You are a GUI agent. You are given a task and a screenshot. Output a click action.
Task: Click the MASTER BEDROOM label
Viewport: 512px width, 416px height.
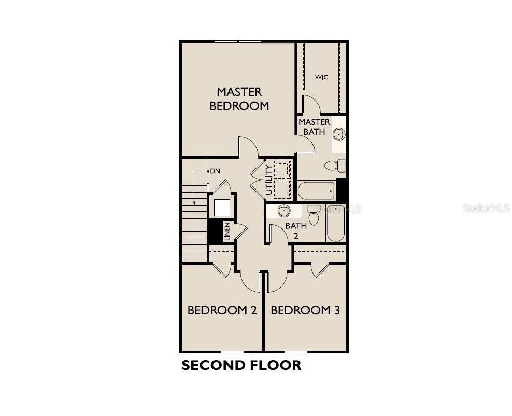coord(239,98)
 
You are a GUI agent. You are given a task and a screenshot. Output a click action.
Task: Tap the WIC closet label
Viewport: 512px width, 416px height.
coord(321,77)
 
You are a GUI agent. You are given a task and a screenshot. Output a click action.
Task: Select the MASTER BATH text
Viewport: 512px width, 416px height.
coord(314,127)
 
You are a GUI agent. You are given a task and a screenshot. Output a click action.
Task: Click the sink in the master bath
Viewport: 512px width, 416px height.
coord(338,134)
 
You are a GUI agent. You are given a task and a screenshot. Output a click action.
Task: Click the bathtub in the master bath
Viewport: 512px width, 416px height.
coord(316,191)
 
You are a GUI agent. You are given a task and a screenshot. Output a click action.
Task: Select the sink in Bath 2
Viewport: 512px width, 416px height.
coord(283,211)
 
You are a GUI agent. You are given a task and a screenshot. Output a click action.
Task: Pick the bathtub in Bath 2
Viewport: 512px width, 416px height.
coord(335,223)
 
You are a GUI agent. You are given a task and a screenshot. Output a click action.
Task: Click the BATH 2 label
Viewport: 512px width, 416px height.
coord(296,231)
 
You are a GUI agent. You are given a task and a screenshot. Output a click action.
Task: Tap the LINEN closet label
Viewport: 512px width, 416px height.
coord(226,231)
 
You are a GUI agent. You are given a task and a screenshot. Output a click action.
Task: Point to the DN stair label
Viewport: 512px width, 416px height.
coord(215,171)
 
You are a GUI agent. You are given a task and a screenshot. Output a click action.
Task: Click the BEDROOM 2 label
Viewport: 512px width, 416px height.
coord(222,310)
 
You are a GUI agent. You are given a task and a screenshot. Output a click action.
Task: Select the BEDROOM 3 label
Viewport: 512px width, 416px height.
coord(305,310)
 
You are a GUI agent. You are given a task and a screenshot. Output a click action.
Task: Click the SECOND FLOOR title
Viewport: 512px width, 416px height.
coord(241,365)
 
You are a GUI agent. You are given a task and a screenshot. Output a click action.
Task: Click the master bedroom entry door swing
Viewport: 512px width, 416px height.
coord(249,147)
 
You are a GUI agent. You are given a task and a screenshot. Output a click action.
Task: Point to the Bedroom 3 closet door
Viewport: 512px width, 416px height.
coord(320,270)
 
